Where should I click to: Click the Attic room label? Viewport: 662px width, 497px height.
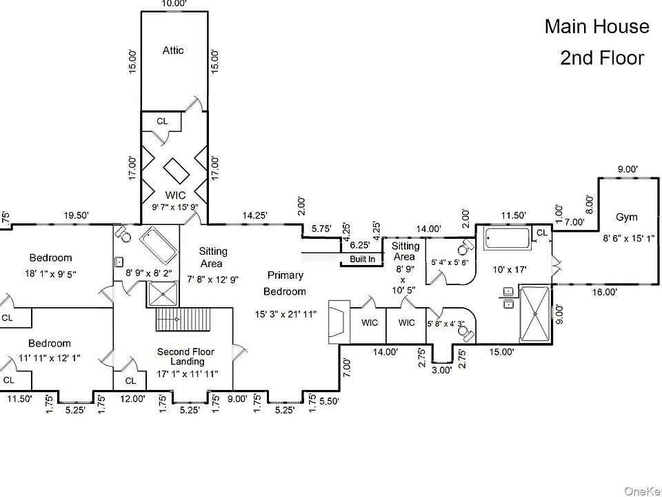tap(173, 50)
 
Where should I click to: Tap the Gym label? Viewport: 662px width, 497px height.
tap(626, 217)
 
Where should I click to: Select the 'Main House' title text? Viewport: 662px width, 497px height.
tap(596, 27)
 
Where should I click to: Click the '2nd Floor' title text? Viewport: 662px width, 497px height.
tap(602, 58)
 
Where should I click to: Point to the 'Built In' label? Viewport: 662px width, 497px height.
tap(363, 260)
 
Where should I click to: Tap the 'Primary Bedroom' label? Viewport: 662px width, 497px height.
tap(285, 283)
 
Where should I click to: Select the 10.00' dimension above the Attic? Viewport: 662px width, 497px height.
tap(174, 3)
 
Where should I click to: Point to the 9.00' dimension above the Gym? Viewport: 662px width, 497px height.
tap(627, 169)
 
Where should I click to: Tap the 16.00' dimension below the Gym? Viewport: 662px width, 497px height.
tap(604, 292)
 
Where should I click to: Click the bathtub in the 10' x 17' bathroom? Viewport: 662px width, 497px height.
tap(507, 240)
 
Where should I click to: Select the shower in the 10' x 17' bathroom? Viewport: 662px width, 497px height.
tap(534, 314)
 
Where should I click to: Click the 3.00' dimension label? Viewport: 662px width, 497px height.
tap(441, 369)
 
